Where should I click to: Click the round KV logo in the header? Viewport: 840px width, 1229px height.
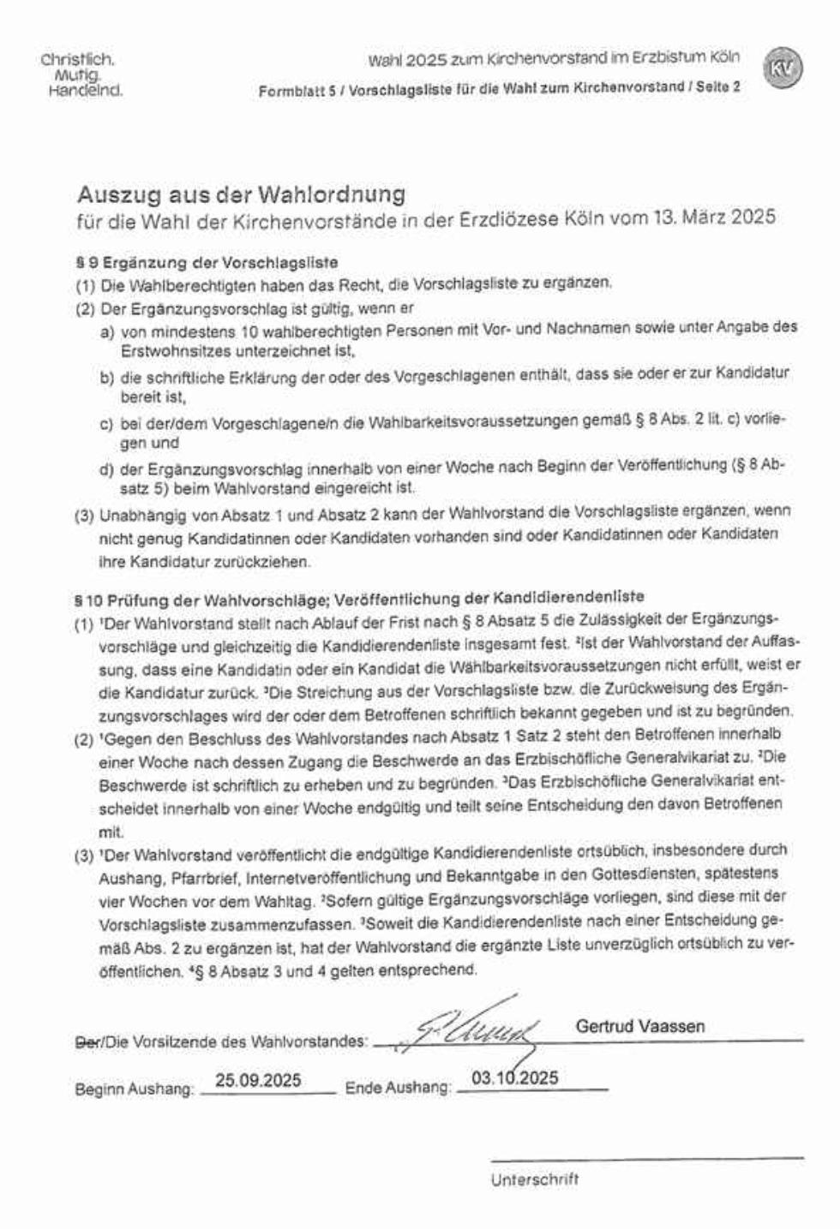click(x=782, y=69)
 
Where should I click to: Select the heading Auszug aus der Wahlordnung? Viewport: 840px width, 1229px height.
click(x=241, y=194)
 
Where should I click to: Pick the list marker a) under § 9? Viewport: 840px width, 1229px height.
click(x=107, y=330)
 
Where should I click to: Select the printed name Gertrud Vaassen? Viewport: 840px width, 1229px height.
click(x=640, y=1025)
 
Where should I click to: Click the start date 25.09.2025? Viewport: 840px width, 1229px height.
click(x=258, y=1080)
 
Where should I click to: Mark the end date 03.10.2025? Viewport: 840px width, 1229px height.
click(x=514, y=1077)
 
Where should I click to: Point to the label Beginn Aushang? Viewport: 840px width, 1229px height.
click(x=134, y=1089)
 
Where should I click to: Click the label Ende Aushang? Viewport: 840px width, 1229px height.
click(x=398, y=1088)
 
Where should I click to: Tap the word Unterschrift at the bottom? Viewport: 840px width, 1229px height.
click(x=534, y=1179)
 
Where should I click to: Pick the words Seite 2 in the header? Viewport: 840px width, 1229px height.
click(x=718, y=87)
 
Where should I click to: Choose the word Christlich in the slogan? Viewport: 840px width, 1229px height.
click(x=77, y=61)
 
